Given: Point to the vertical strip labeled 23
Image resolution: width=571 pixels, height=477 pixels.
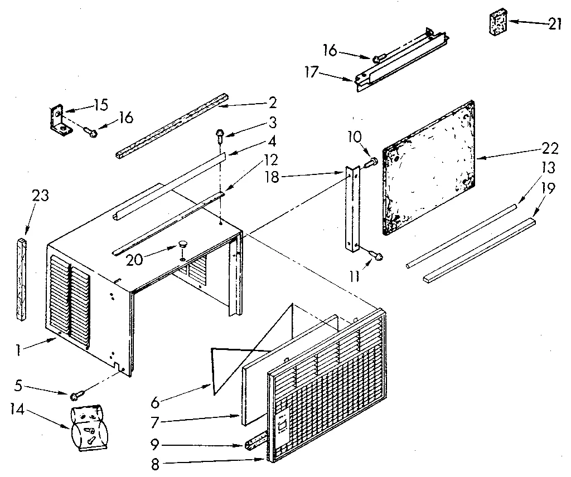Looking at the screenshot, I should pos(21,279).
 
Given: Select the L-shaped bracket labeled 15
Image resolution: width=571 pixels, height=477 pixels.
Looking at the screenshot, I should pos(59,119).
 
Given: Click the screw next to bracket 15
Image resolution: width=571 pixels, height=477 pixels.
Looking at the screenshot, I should pos(90,132).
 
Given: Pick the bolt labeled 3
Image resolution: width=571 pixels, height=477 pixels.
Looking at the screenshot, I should pos(220,133).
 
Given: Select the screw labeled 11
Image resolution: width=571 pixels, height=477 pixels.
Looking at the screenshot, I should pos(375,255).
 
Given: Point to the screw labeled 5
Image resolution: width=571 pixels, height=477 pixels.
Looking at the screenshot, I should pos(76,395).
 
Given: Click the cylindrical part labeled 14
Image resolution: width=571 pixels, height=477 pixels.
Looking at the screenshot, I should pos(88,425).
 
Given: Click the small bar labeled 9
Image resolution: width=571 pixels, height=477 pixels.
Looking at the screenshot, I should pos(255,444).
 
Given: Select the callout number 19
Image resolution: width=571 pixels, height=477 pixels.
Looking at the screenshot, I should pos(548,188).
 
